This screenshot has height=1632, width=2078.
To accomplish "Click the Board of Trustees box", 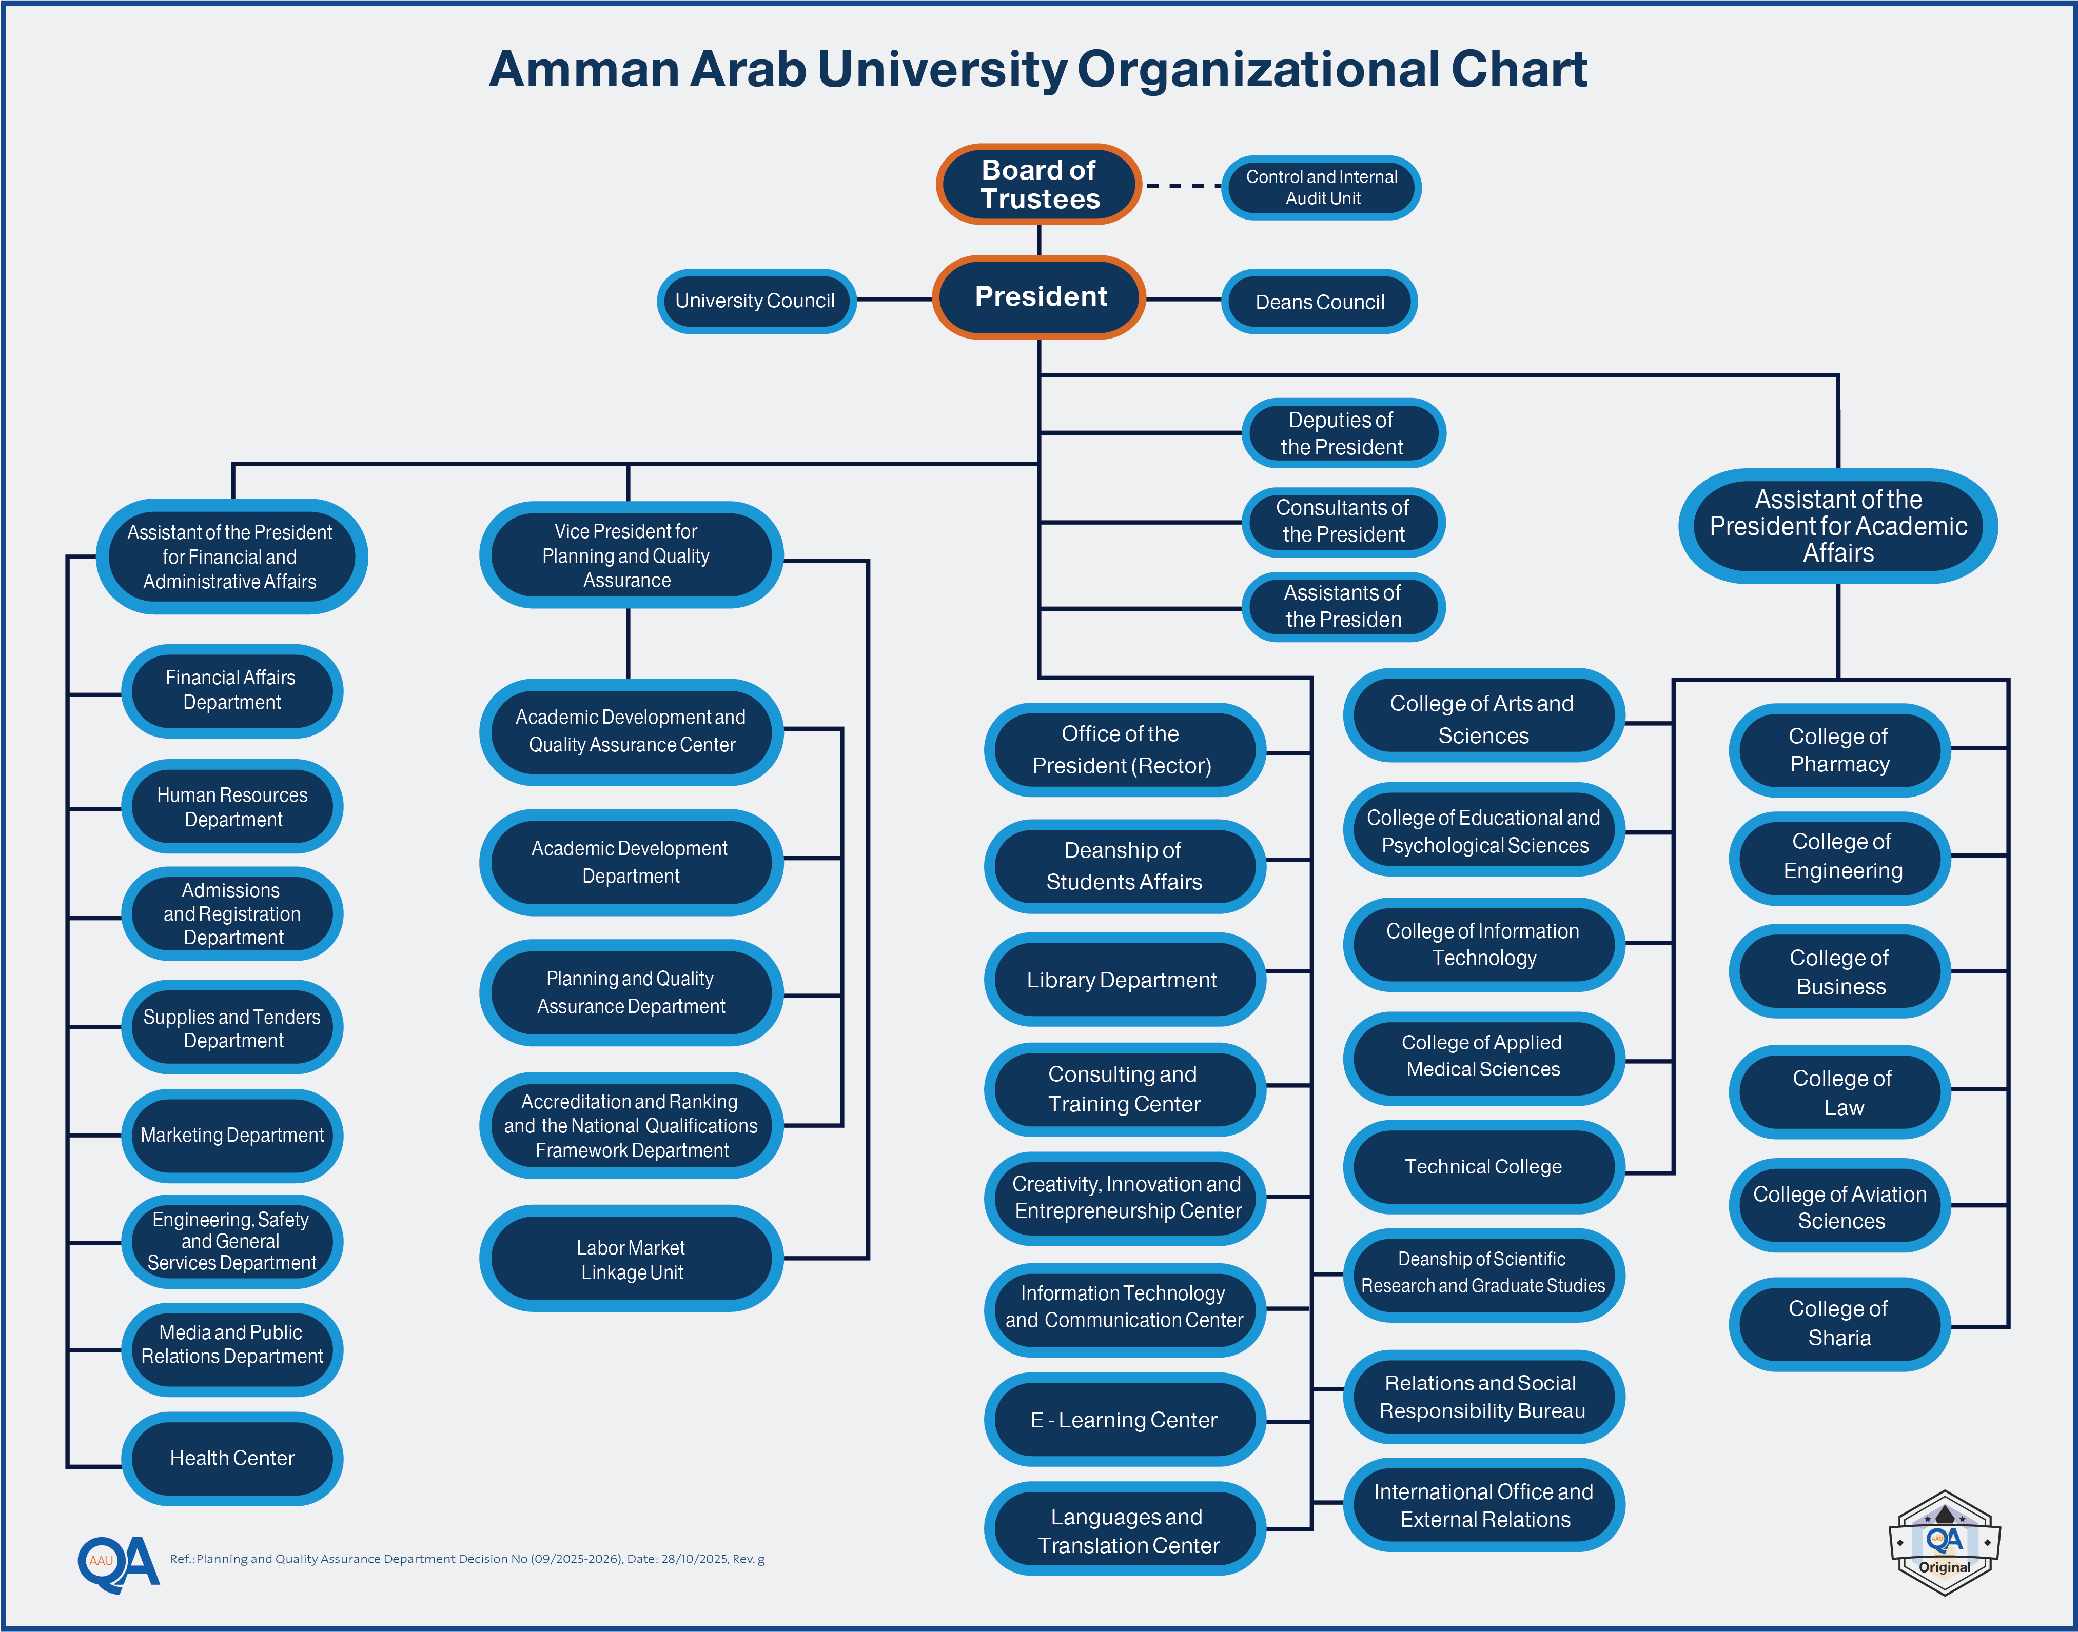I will click(1039, 185).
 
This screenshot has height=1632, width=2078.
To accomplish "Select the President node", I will click(1039, 297).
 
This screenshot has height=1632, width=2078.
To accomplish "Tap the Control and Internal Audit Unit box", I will click(1321, 187).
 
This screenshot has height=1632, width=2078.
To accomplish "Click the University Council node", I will click(755, 301).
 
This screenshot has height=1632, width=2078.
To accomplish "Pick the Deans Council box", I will click(1319, 302).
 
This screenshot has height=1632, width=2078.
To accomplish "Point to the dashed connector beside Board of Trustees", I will click(1182, 185).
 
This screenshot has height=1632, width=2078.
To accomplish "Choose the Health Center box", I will click(232, 1458).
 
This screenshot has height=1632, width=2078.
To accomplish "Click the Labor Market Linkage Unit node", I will click(631, 1259).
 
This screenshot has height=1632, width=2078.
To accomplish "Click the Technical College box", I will click(1482, 1167).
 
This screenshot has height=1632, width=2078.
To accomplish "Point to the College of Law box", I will click(1841, 1092).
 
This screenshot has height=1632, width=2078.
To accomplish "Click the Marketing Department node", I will click(232, 1135).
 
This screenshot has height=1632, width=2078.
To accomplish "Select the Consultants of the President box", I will click(1343, 522).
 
